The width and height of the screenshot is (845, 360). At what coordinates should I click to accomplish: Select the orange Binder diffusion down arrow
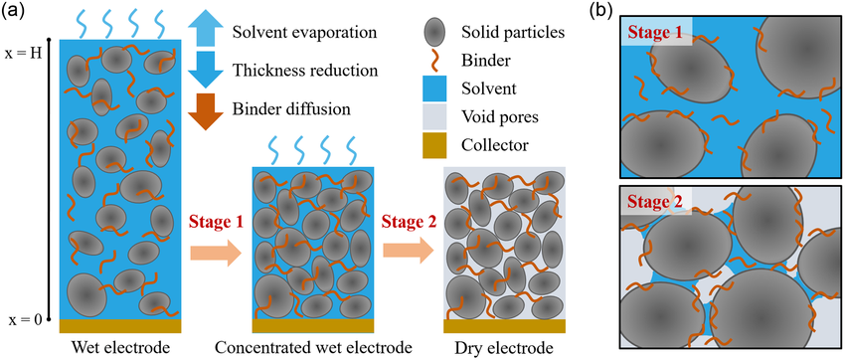207,111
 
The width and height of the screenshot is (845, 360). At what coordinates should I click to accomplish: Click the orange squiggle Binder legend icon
433,62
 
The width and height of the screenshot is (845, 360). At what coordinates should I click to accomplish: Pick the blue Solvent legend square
433,88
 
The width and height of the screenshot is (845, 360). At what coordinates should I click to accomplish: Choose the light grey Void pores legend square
433,117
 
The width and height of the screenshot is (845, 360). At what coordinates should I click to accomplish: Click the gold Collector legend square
433,145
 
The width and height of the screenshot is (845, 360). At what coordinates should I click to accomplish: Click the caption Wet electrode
120,346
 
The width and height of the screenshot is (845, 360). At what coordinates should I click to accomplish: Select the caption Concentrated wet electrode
313,346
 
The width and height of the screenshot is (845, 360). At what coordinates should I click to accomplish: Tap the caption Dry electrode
504,346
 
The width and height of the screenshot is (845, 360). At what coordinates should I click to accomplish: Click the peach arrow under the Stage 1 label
215,252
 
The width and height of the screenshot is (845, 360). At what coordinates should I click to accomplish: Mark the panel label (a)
11,11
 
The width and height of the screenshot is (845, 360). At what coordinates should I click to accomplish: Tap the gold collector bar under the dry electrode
504,326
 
